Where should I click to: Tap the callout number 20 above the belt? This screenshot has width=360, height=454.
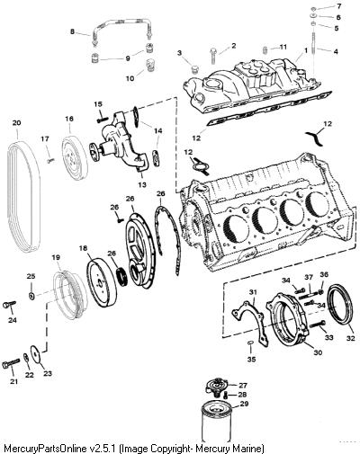point(17,122)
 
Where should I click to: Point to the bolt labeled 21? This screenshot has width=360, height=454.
point(11,363)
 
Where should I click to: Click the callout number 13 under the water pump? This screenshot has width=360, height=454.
point(142,184)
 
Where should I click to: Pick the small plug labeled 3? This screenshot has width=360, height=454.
point(195,69)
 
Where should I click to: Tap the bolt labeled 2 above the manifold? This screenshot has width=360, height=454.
point(212,56)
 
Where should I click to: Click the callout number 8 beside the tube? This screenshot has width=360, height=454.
point(72,31)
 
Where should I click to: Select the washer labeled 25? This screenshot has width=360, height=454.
point(31,296)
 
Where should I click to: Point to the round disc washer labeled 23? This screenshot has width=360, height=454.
point(36,353)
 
